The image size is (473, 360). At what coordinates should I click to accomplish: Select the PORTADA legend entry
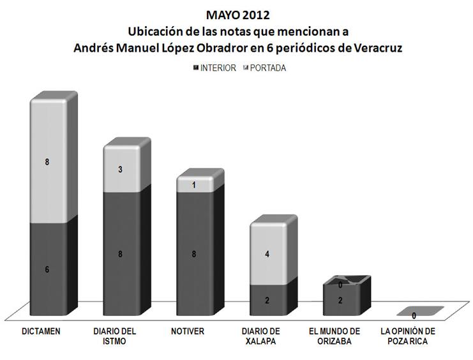pyautogui.click(x=267, y=68)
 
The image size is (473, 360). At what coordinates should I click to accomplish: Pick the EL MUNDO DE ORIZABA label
pyautogui.click(x=334, y=336)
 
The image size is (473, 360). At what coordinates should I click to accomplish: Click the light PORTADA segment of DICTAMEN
pyautogui.click(x=47, y=162)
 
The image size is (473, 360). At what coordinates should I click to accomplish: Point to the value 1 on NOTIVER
pyautogui.click(x=193, y=185)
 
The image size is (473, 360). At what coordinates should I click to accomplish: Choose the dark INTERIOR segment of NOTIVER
pyautogui.click(x=193, y=254)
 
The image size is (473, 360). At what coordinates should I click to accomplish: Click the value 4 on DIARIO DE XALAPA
pyautogui.click(x=267, y=254)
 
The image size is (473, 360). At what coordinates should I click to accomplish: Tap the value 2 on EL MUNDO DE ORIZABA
pyautogui.click(x=341, y=301)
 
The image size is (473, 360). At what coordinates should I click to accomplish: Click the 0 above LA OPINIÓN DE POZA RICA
pyautogui.click(x=414, y=315)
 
